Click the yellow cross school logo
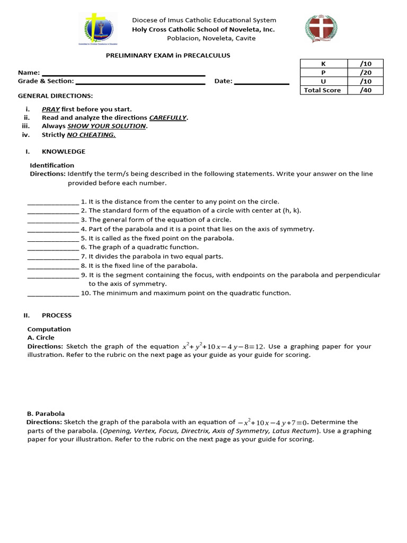point(99,29)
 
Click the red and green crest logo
point(321,29)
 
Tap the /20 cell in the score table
point(365,73)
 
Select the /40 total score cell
point(365,90)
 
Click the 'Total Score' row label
point(323,90)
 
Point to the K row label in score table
point(323,64)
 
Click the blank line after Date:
point(261,82)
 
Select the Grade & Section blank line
point(140,82)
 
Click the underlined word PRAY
point(51,109)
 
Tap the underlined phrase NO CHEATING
point(91,135)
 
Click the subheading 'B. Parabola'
point(46,414)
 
